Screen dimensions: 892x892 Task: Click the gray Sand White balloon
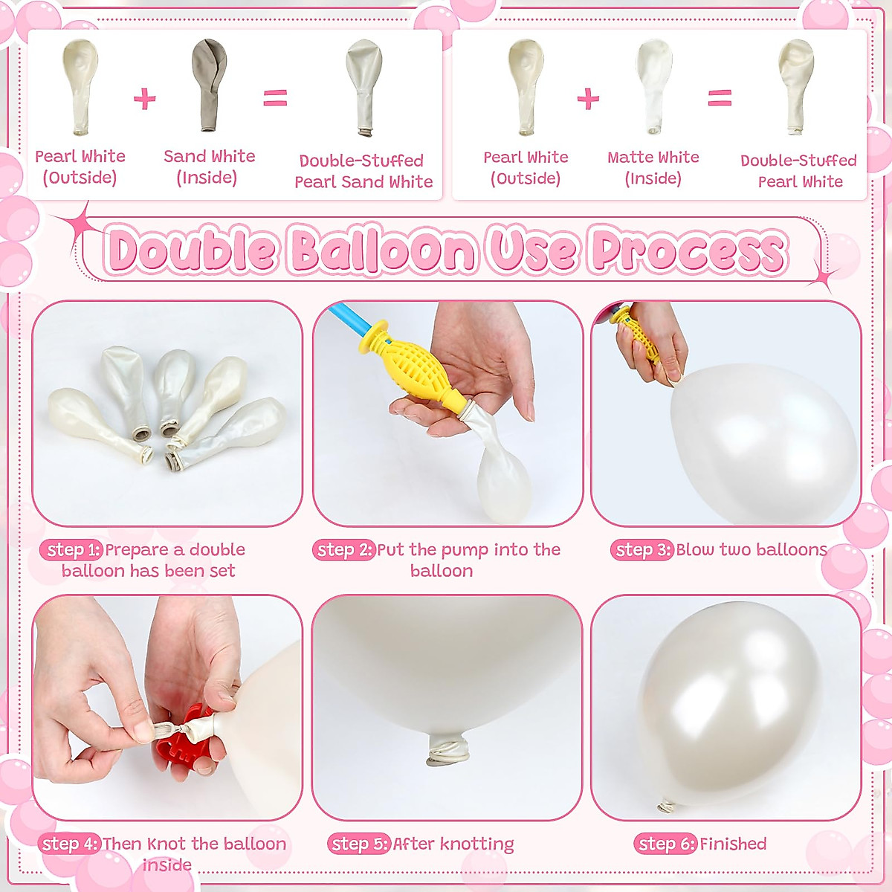click(x=209, y=82)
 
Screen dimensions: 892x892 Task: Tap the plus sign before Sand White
click(x=144, y=99)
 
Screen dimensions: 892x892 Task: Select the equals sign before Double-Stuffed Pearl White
click(x=719, y=98)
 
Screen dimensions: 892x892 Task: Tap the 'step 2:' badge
click(x=344, y=550)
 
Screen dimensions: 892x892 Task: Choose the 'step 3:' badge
click(x=643, y=550)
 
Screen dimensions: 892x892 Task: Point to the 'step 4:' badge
click(x=69, y=844)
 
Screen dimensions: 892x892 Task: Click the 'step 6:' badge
click(x=665, y=844)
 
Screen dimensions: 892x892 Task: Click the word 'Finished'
click(x=733, y=844)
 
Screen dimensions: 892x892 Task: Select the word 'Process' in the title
click(x=688, y=251)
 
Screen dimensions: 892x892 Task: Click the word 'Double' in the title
click(x=193, y=251)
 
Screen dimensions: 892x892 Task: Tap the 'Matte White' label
click(x=653, y=158)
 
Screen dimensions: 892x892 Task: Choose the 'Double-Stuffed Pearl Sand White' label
click(x=363, y=171)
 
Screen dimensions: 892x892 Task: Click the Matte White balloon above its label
click(x=654, y=83)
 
